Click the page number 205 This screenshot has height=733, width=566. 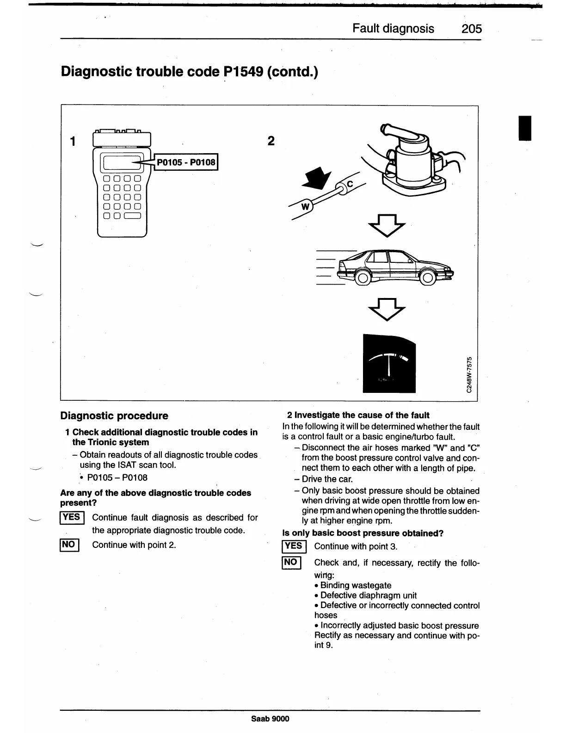(471, 29)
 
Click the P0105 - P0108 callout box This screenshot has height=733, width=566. (186, 162)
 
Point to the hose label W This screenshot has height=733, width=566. (305, 206)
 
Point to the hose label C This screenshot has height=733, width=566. (349, 184)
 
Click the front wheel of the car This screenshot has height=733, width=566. (427, 277)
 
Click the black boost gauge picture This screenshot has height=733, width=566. (389, 363)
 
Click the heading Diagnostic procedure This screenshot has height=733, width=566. (114, 416)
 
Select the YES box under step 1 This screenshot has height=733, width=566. (72, 517)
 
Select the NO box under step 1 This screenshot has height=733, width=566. (70, 545)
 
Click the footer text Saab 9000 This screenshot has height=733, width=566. (270, 719)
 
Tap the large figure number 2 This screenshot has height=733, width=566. (271, 141)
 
